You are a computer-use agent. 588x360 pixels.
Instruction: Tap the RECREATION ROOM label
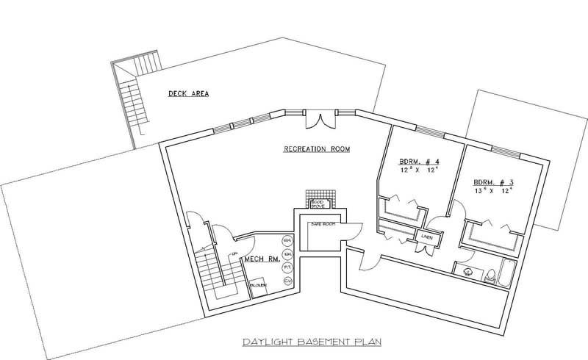(x=317, y=149)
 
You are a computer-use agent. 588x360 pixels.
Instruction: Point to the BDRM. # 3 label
(x=490, y=181)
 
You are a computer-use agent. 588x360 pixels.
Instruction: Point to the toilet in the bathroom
(x=489, y=275)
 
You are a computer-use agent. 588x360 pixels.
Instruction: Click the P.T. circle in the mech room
(x=288, y=267)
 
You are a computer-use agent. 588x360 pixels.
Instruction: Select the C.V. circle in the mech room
(x=288, y=281)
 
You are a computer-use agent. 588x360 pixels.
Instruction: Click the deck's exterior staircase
(x=132, y=103)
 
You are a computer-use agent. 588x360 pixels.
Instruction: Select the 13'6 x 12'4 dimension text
(x=490, y=191)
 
